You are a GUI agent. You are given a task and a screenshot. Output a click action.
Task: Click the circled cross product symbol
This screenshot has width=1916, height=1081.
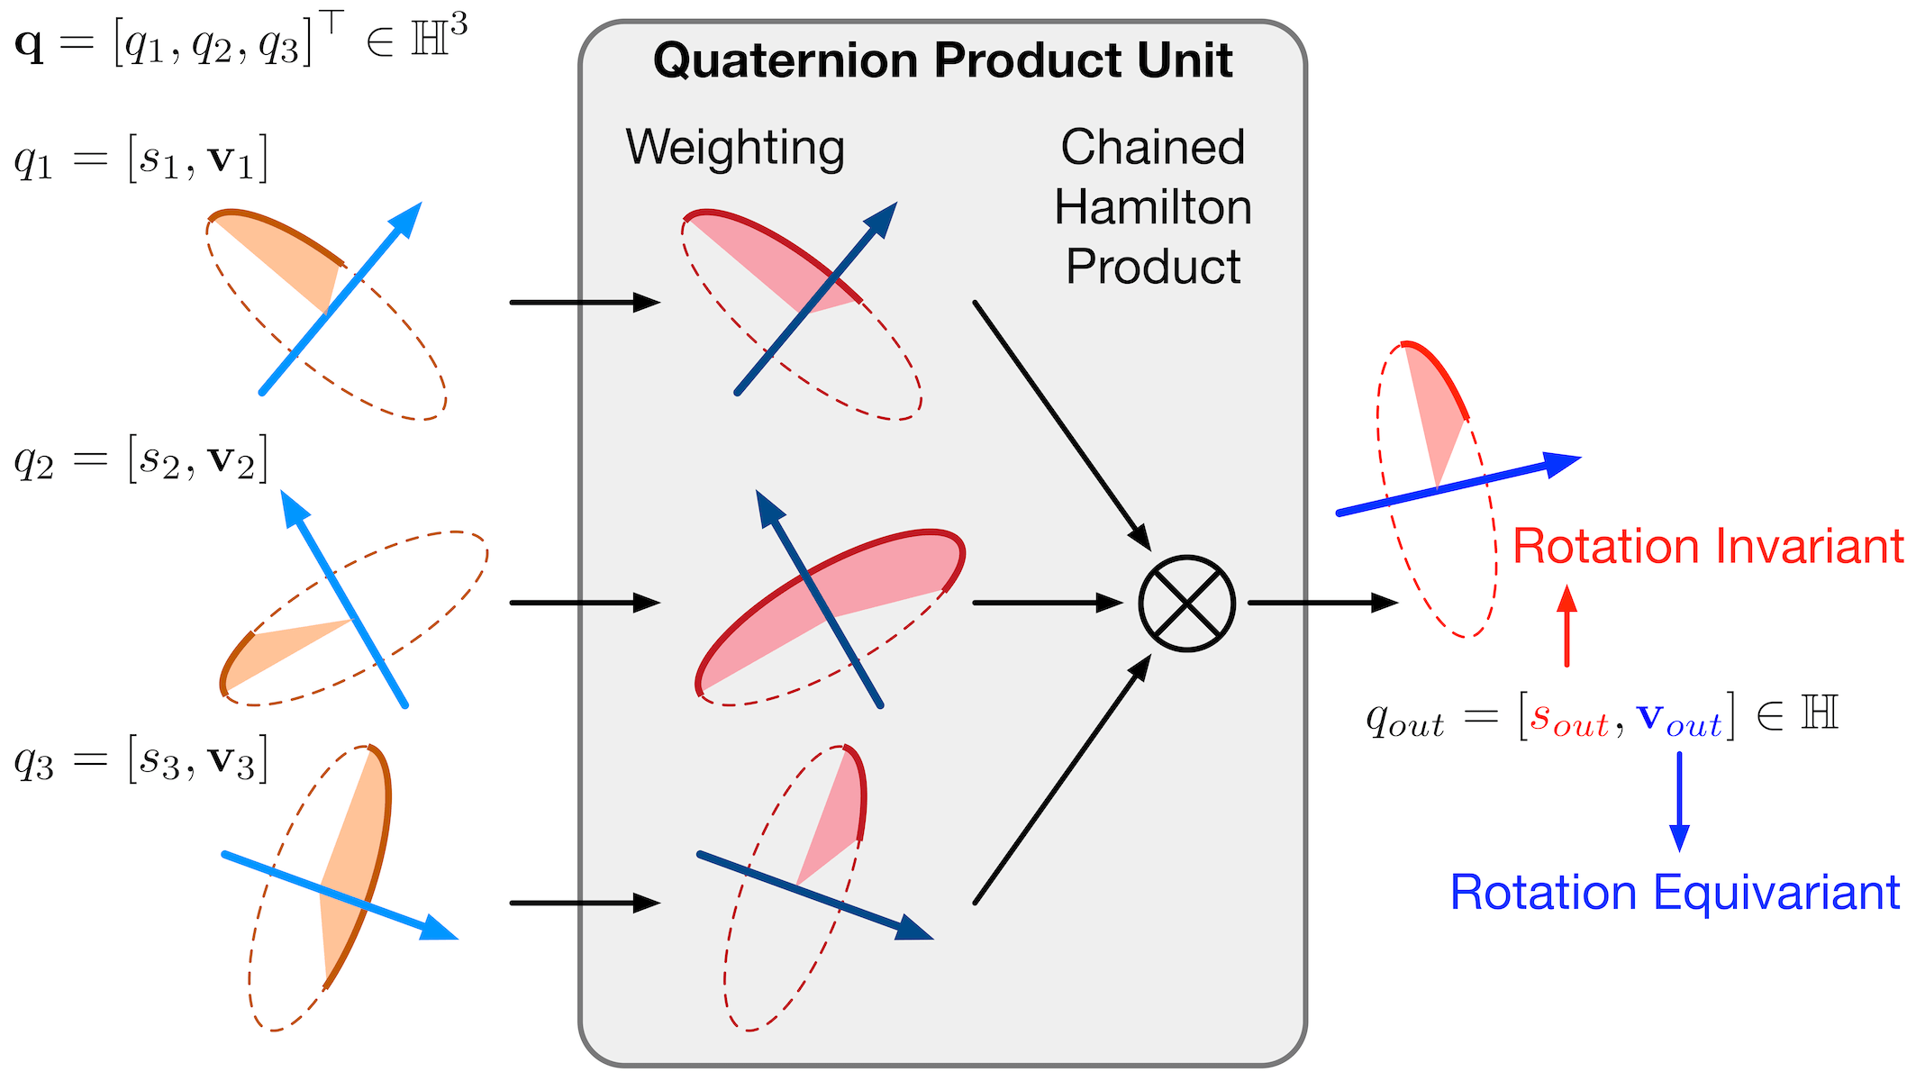(x=1186, y=603)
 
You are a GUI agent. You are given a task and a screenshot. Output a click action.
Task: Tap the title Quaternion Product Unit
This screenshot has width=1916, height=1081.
(x=942, y=61)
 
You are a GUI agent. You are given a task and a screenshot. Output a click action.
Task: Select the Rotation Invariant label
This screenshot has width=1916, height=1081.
(x=1708, y=547)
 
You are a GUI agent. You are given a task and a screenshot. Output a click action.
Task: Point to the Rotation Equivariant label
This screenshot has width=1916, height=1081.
(x=1675, y=893)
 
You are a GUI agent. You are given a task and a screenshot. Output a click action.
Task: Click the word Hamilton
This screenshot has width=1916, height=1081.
(x=1153, y=207)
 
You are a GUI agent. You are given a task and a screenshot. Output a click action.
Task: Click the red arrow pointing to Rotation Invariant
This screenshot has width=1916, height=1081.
(x=1567, y=626)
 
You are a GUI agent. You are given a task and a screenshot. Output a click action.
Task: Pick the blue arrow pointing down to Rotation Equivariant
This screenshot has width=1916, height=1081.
(x=1679, y=801)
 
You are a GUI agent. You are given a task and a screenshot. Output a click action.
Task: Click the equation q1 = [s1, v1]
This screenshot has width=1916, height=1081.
(x=141, y=160)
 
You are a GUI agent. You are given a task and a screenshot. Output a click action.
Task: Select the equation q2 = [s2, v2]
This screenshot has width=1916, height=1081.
(x=141, y=460)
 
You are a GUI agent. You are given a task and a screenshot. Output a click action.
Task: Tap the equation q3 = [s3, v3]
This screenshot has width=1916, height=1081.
(x=141, y=761)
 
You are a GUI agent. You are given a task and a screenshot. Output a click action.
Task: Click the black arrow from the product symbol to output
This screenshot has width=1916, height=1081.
(x=1321, y=603)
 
